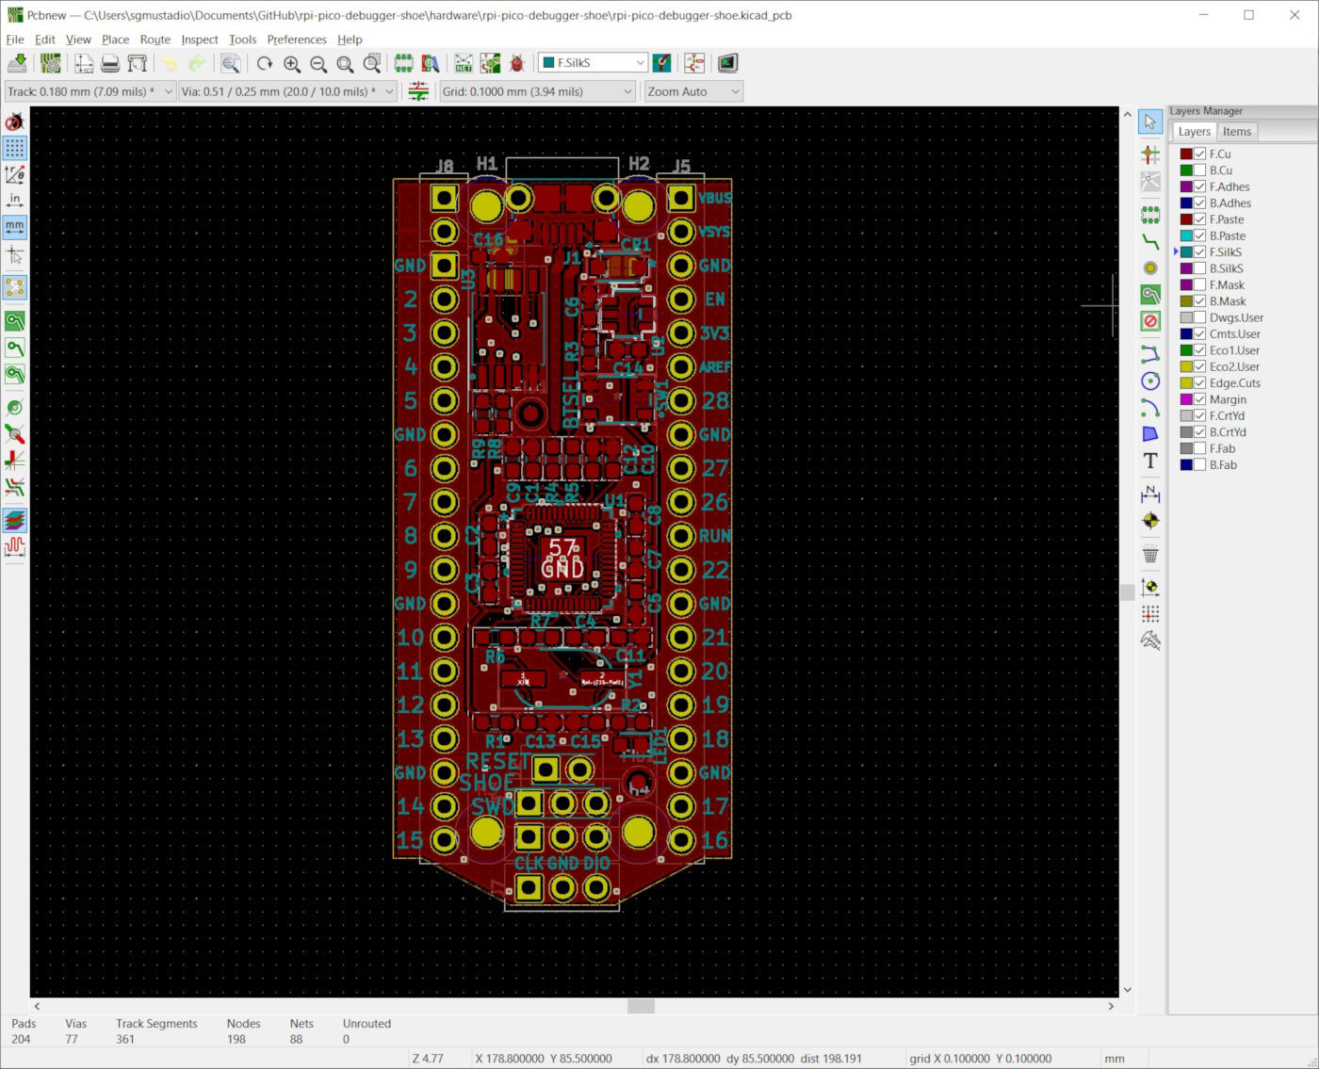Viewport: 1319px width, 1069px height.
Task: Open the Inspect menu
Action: point(199,40)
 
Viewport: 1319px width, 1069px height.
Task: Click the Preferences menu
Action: point(296,40)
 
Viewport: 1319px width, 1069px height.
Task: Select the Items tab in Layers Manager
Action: point(1236,132)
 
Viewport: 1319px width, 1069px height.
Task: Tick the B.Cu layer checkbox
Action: point(1199,170)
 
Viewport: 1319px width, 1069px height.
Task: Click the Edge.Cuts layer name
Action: point(1234,383)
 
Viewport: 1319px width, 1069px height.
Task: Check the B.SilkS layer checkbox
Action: point(1199,268)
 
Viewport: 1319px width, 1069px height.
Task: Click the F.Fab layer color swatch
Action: point(1186,449)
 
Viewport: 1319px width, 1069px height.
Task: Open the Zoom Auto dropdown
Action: point(693,91)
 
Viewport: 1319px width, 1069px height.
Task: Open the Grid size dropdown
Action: point(537,91)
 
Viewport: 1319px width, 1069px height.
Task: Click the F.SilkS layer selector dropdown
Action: point(593,63)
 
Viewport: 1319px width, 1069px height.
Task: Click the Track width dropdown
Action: point(90,91)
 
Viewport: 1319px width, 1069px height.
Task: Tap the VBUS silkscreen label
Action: point(715,198)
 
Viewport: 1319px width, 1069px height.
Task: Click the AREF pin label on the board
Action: point(715,367)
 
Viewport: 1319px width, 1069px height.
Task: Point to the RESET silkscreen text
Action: point(497,761)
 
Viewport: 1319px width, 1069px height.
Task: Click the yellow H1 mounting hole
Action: point(486,204)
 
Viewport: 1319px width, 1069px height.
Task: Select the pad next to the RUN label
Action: point(681,536)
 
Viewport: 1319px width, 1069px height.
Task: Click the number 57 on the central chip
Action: point(562,547)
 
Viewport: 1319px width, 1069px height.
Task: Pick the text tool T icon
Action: point(1150,461)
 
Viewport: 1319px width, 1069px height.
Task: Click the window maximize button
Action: point(1248,15)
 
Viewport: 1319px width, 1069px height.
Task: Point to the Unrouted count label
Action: point(366,1024)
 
